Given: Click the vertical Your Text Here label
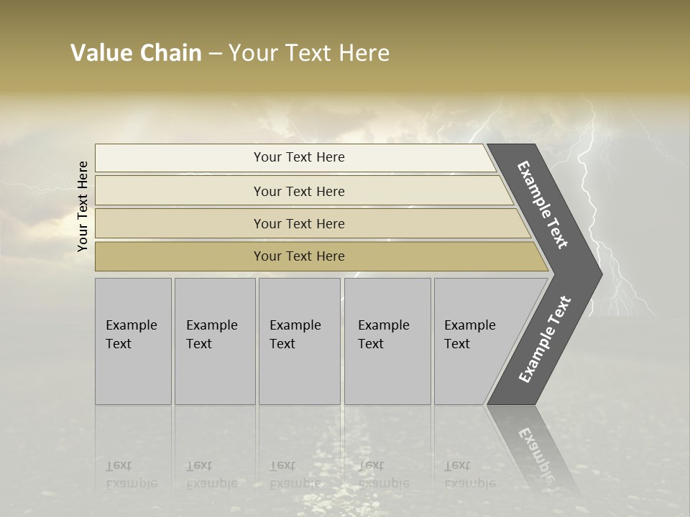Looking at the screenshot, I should click(x=83, y=206).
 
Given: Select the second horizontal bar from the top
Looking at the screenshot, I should click(x=298, y=191).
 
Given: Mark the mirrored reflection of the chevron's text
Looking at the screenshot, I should click(x=534, y=452).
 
